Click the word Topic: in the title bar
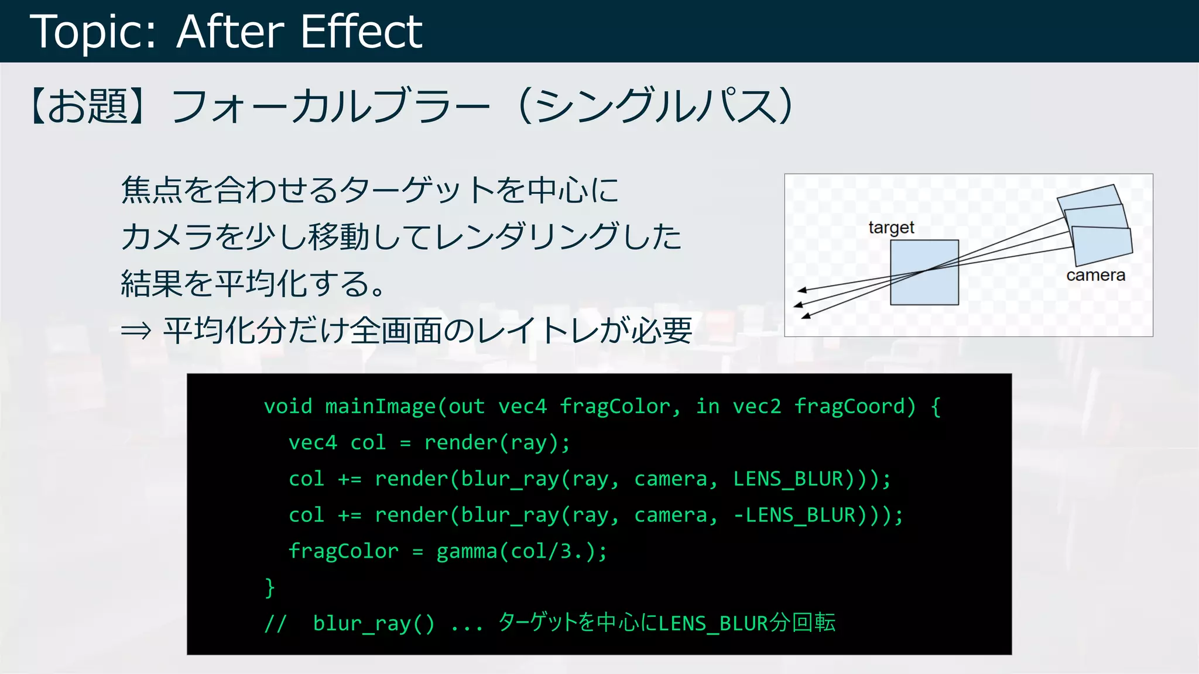93,32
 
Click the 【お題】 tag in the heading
88,106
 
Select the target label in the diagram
891,228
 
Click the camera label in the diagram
1095,275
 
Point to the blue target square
924,273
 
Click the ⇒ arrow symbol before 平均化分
136,331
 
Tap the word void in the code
288,406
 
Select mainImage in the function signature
380,406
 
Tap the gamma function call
465,551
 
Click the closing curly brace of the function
269,587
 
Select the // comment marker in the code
275,624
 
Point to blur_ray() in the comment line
374,624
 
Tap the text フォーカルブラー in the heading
330,106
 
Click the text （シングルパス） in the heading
656,106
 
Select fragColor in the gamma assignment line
343,551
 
